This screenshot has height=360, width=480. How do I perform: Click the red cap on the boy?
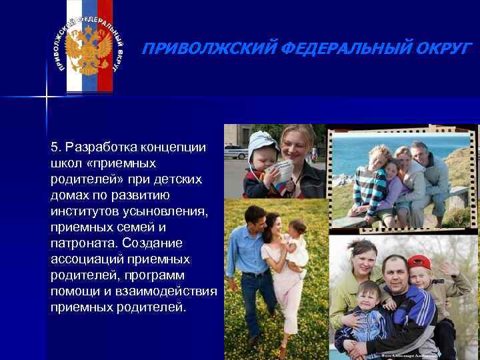pyautogui.click(x=419, y=261)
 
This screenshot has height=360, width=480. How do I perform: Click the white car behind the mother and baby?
pyautogui.click(x=235, y=150)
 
